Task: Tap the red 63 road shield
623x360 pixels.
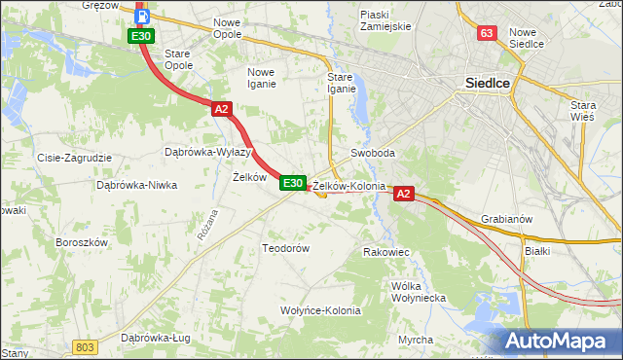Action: [x=488, y=33]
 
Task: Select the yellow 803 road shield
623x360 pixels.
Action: [x=86, y=346]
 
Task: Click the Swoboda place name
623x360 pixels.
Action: [x=373, y=154]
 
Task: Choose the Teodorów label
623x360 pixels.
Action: [x=285, y=248]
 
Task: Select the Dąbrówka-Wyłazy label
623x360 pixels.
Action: [x=208, y=152]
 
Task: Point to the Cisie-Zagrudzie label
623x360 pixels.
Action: [x=75, y=158]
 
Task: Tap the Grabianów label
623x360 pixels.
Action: [x=506, y=219]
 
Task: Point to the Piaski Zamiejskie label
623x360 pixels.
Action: [x=387, y=20]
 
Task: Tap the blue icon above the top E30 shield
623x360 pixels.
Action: [x=142, y=16]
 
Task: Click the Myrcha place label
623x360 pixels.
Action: [x=416, y=340]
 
